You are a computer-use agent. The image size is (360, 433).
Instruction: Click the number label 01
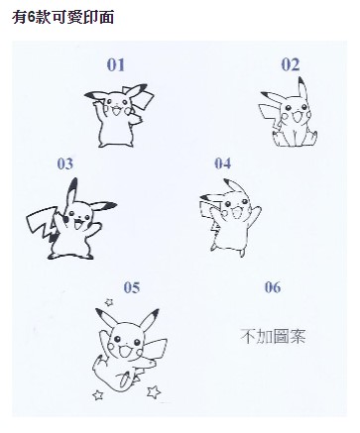click(x=116, y=64)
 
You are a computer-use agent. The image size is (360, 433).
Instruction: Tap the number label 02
click(x=291, y=64)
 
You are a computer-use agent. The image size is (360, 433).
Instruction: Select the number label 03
click(x=65, y=163)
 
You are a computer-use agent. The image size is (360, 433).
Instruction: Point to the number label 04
click(x=223, y=163)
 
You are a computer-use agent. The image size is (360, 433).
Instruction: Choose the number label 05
click(x=132, y=287)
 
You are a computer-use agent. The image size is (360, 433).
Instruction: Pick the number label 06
click(x=273, y=287)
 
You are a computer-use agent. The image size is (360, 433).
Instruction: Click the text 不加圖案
click(x=273, y=336)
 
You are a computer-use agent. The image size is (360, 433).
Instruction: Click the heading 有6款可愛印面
click(x=63, y=17)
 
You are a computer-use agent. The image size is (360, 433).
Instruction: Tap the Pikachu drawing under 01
click(x=119, y=116)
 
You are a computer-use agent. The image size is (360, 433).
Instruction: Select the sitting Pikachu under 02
click(x=289, y=114)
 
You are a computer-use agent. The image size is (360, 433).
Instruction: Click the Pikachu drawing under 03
click(x=71, y=220)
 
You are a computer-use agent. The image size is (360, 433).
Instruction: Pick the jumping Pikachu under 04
click(x=230, y=218)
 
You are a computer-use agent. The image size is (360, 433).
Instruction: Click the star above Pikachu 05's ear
click(x=109, y=302)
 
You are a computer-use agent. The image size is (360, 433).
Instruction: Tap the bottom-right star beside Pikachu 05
click(x=154, y=391)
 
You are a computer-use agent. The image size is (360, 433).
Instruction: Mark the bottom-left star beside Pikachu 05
click(x=98, y=394)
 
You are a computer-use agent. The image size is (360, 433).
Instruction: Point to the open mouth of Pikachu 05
click(x=125, y=352)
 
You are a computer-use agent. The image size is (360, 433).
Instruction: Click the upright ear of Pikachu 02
click(x=302, y=88)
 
